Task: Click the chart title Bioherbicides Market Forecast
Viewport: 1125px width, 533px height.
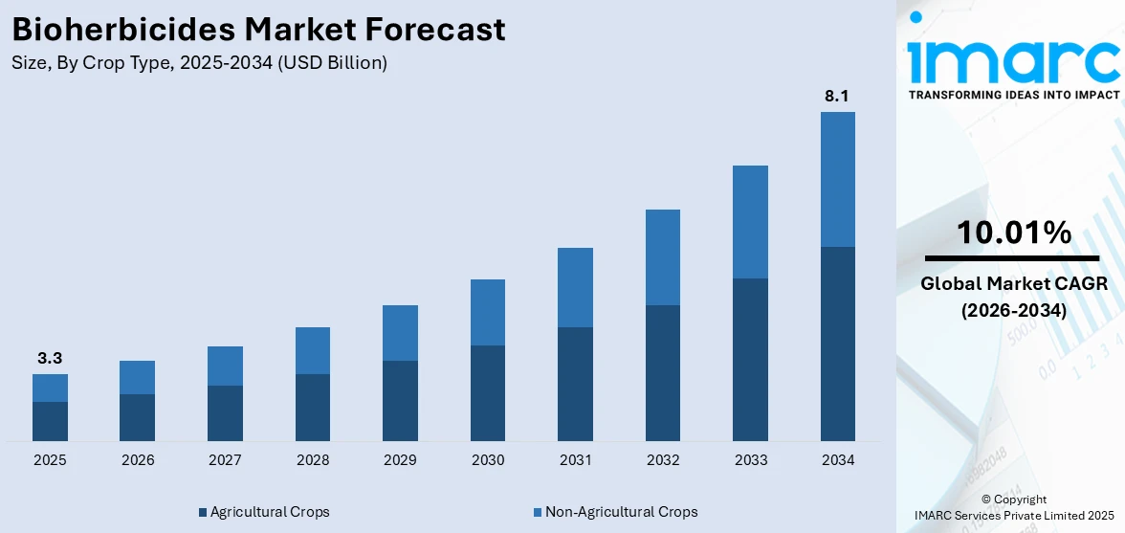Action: tap(258, 30)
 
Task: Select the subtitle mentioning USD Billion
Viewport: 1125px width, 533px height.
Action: tap(199, 63)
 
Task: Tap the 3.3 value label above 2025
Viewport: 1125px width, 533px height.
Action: tap(50, 358)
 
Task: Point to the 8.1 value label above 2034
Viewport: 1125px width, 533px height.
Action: tap(837, 96)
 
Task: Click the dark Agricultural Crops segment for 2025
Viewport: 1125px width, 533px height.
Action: tap(50, 421)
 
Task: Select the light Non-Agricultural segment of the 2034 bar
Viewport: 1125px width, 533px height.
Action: tap(837, 179)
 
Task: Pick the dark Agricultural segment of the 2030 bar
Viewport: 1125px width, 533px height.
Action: tap(488, 392)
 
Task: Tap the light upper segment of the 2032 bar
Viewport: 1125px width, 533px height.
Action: tap(663, 256)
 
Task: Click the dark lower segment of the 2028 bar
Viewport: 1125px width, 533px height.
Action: tap(313, 407)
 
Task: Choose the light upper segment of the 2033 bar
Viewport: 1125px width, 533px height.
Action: tap(750, 222)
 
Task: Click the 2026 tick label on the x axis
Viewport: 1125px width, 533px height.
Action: tap(138, 460)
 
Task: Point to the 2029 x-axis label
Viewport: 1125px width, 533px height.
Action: tap(400, 460)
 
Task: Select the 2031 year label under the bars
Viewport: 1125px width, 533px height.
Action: tap(575, 460)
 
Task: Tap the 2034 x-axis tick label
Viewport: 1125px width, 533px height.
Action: tap(837, 460)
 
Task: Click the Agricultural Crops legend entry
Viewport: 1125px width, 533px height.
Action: tap(264, 512)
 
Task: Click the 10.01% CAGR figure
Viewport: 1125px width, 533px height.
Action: tap(1013, 232)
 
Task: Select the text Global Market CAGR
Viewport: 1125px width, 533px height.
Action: tap(1013, 283)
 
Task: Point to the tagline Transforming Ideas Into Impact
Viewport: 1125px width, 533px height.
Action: tap(1013, 95)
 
